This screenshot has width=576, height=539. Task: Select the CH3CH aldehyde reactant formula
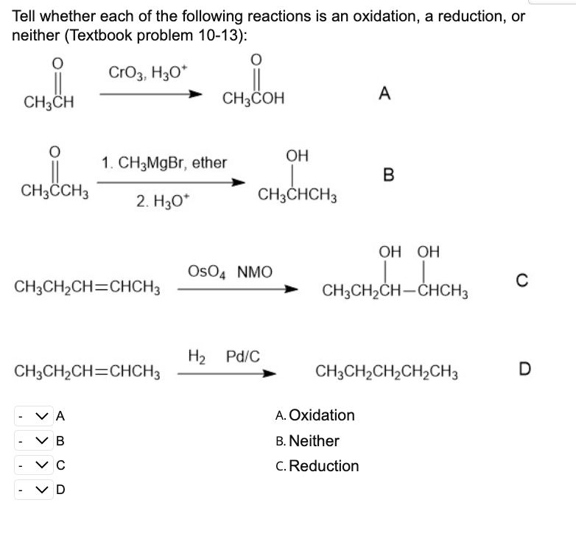[49, 101]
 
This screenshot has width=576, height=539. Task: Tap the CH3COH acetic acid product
[253, 99]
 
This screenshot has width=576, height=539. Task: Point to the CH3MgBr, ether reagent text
[164, 162]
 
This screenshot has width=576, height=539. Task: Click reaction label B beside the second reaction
[389, 175]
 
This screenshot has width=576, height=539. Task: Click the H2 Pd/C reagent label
[223, 356]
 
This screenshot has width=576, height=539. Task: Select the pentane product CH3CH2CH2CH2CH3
[387, 373]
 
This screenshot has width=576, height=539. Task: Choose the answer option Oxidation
[321, 415]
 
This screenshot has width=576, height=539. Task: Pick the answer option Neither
[313, 441]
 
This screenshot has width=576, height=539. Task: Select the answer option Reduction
[323, 466]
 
